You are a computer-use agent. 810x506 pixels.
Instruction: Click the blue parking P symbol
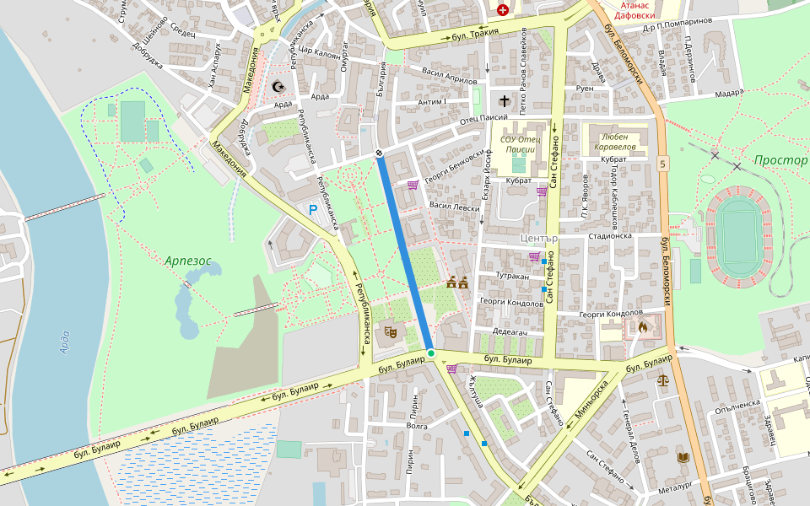(x=313, y=209)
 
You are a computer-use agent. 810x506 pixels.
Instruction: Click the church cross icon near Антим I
(x=505, y=100)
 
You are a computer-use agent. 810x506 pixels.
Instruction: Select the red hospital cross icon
(x=503, y=10)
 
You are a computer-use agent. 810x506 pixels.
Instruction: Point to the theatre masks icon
(x=391, y=331)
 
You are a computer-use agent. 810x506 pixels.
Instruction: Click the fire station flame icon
(x=643, y=326)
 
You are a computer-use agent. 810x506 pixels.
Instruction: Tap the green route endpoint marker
(x=430, y=353)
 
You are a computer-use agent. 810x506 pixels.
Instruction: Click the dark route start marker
(x=380, y=153)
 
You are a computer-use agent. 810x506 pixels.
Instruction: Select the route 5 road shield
(x=664, y=164)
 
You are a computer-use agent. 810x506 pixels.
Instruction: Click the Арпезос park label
(x=188, y=261)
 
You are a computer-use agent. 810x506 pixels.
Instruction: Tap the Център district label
(x=540, y=239)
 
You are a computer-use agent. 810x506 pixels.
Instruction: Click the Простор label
(x=780, y=160)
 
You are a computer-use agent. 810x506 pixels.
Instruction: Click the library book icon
(x=683, y=457)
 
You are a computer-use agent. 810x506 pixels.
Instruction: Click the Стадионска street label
(x=610, y=236)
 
